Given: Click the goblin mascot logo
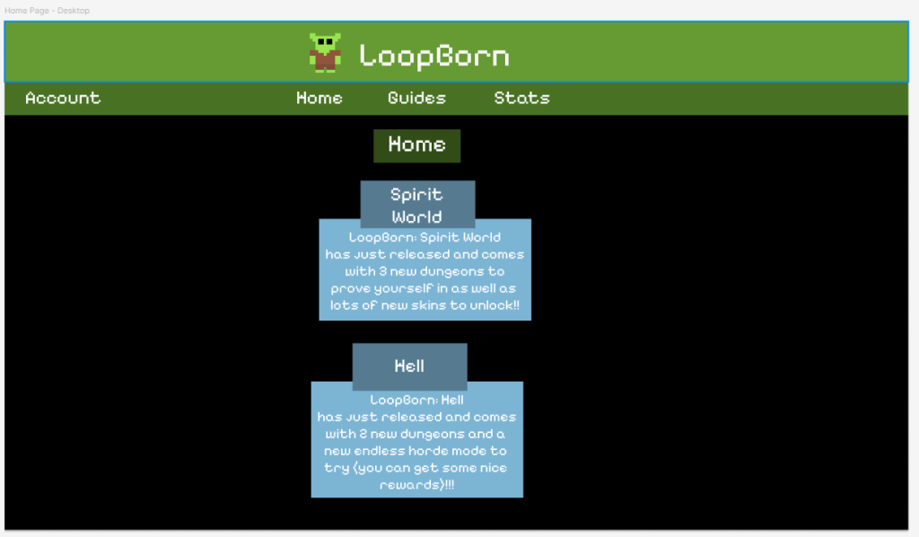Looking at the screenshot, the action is pos(325,53).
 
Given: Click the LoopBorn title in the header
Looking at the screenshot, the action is pos(434,57).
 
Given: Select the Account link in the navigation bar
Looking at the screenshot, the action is pos(63,98).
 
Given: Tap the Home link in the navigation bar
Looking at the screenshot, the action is pos(319,98).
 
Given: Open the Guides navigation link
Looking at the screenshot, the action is pos(416,98).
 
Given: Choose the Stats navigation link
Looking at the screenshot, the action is pos(521,98).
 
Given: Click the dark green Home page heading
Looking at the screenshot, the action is pos(416,145).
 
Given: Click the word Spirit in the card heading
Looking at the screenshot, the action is pos(416,195).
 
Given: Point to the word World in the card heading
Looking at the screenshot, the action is pos(416,217).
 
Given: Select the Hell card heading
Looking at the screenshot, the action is pos(409,366).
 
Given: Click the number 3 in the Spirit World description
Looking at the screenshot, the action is pos(382,271).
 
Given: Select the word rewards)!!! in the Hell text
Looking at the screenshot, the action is pos(416,485).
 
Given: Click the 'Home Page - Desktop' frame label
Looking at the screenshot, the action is pos(47,11).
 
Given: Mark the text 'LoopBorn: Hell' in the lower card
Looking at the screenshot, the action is pos(416,400).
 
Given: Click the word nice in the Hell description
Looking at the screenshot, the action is pos(493,468).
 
